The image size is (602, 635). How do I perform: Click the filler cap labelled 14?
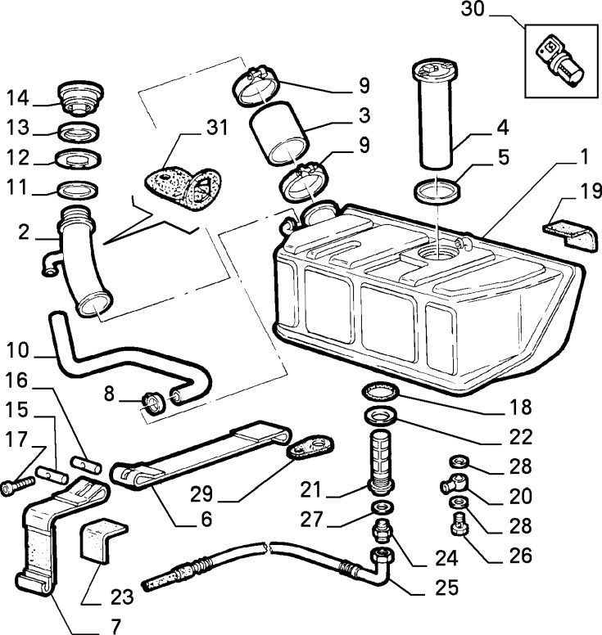80,98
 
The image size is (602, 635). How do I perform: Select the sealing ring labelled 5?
437,193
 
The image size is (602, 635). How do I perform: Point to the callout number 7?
115,627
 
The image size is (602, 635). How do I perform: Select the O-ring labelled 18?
379,391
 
